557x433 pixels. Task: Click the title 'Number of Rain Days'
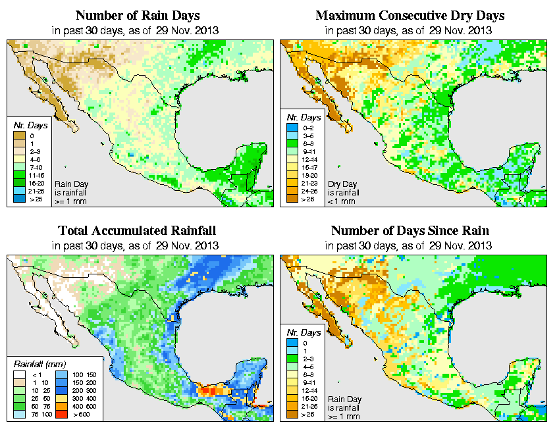point(137,15)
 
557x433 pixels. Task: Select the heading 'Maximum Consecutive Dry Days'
point(410,15)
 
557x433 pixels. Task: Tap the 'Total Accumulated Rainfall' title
point(137,230)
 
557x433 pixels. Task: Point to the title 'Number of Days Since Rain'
point(410,230)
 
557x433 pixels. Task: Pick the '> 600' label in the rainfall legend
point(88,415)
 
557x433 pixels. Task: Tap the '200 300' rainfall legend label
point(88,390)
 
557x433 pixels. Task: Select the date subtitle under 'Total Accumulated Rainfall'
point(137,245)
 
